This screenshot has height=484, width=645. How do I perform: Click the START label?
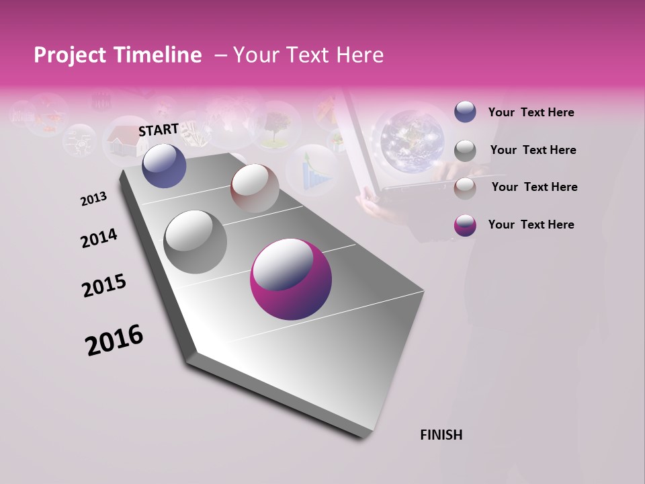click(x=159, y=130)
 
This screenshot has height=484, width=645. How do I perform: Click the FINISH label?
click(x=441, y=435)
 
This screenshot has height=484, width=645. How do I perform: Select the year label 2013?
click(x=94, y=199)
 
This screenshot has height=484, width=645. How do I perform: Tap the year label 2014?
click(x=99, y=239)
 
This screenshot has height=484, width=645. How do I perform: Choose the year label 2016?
click(x=114, y=340)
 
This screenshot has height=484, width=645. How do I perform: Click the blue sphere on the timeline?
click(x=164, y=165)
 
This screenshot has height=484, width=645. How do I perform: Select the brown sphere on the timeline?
click(x=255, y=188)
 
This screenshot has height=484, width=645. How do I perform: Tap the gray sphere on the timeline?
click(x=195, y=242)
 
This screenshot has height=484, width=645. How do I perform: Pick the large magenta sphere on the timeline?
click(x=291, y=280)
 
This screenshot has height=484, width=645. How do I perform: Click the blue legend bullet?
click(x=465, y=112)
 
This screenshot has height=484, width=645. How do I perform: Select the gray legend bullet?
click(x=465, y=151)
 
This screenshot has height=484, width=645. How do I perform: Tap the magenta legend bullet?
click(x=465, y=225)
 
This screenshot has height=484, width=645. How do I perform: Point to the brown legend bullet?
click(x=465, y=188)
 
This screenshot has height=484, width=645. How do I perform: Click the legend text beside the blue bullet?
click(x=531, y=112)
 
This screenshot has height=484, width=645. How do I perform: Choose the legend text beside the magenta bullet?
click(x=531, y=225)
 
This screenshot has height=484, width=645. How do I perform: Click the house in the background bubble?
click(x=126, y=139)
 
